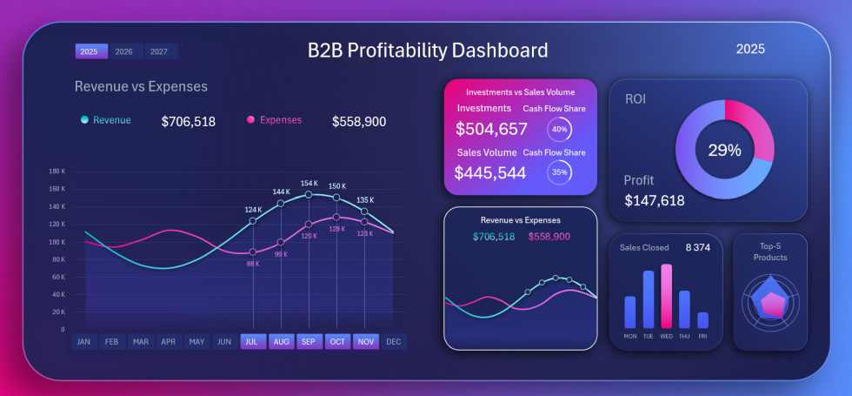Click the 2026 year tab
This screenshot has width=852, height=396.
(x=124, y=51)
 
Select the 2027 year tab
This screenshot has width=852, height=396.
(x=159, y=51)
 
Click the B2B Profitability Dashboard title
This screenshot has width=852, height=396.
(x=428, y=50)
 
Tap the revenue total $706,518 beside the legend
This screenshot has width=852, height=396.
(x=189, y=122)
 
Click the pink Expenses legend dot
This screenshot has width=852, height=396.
(x=251, y=120)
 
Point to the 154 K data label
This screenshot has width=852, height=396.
(x=310, y=184)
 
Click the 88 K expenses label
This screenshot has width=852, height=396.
(x=253, y=263)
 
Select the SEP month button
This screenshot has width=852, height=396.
(x=309, y=341)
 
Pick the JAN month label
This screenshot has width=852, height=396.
(x=83, y=341)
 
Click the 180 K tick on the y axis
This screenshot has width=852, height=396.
(x=57, y=171)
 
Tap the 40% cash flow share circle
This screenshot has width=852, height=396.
(x=559, y=130)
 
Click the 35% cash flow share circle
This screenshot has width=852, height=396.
(x=559, y=172)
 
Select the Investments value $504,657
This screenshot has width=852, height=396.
(x=491, y=130)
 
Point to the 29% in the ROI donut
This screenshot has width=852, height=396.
(x=724, y=150)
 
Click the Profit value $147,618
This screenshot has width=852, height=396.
(x=655, y=201)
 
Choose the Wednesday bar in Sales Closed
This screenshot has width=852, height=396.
(x=667, y=296)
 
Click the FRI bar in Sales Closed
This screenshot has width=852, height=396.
(x=702, y=320)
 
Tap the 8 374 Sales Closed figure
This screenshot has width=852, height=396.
(x=698, y=248)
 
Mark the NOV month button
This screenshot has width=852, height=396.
(x=366, y=341)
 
